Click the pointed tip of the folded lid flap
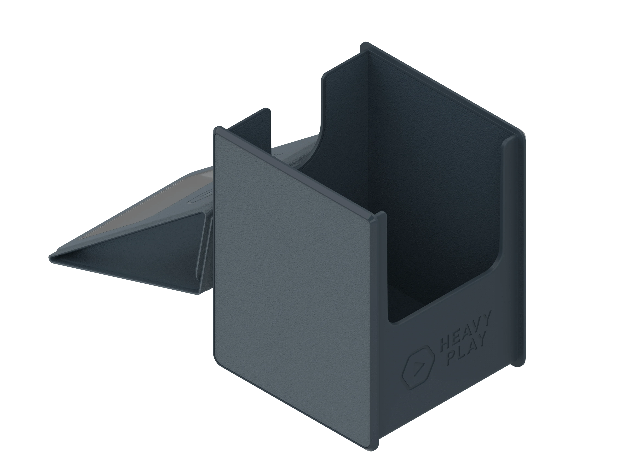coord(50,258)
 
